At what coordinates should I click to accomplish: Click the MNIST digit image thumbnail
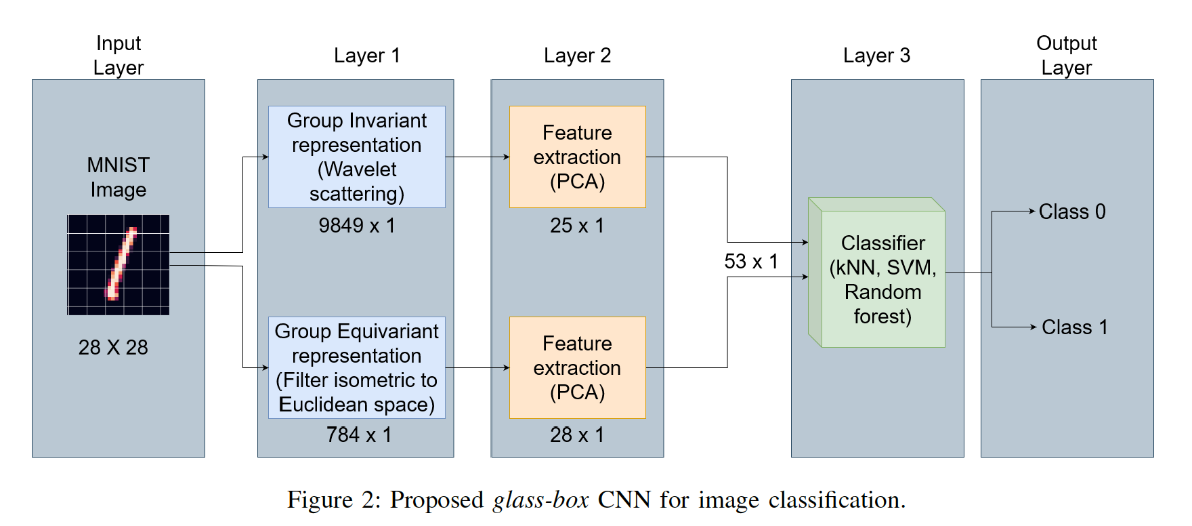click(x=119, y=265)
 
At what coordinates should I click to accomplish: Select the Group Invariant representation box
click(x=356, y=157)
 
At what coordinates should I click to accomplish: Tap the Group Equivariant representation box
click(x=356, y=367)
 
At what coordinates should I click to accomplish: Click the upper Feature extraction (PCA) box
click(x=577, y=157)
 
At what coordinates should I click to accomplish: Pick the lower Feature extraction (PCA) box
click(x=577, y=367)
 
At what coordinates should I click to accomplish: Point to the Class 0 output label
click(x=1071, y=211)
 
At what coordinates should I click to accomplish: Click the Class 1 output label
click(x=1074, y=327)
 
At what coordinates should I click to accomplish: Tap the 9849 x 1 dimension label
click(x=356, y=226)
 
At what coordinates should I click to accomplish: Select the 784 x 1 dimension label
click(x=358, y=434)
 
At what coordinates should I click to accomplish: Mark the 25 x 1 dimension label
click(x=576, y=226)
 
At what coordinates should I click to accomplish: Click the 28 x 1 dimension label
click(x=576, y=434)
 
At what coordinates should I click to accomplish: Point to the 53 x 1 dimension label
click(x=750, y=262)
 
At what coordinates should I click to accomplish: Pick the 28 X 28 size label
click(x=113, y=348)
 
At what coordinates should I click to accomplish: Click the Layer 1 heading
click(x=366, y=56)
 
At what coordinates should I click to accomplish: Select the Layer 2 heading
click(x=577, y=56)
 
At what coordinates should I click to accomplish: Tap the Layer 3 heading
click(x=876, y=56)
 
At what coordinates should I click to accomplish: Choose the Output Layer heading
click(x=1067, y=55)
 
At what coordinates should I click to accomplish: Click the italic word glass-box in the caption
click(x=540, y=500)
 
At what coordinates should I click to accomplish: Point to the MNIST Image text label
click(x=119, y=178)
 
